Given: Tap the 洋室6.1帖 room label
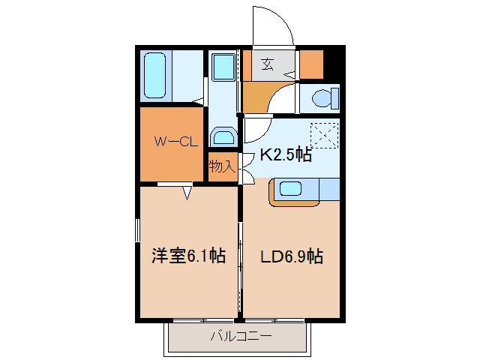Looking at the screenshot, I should tap(188, 256).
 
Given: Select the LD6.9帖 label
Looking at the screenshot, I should tap(292, 256).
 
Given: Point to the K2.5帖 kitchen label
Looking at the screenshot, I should tap(286, 156).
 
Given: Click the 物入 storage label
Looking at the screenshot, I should tap(222, 166).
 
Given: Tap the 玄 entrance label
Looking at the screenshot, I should tap(267, 64).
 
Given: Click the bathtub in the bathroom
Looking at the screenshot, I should tap(156, 76).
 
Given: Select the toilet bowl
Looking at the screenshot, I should tap(323, 97).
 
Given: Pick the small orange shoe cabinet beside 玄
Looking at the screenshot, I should tap(310, 64).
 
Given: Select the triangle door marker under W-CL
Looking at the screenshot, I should tap(187, 193).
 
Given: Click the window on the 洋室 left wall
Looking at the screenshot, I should tap(137, 230).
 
